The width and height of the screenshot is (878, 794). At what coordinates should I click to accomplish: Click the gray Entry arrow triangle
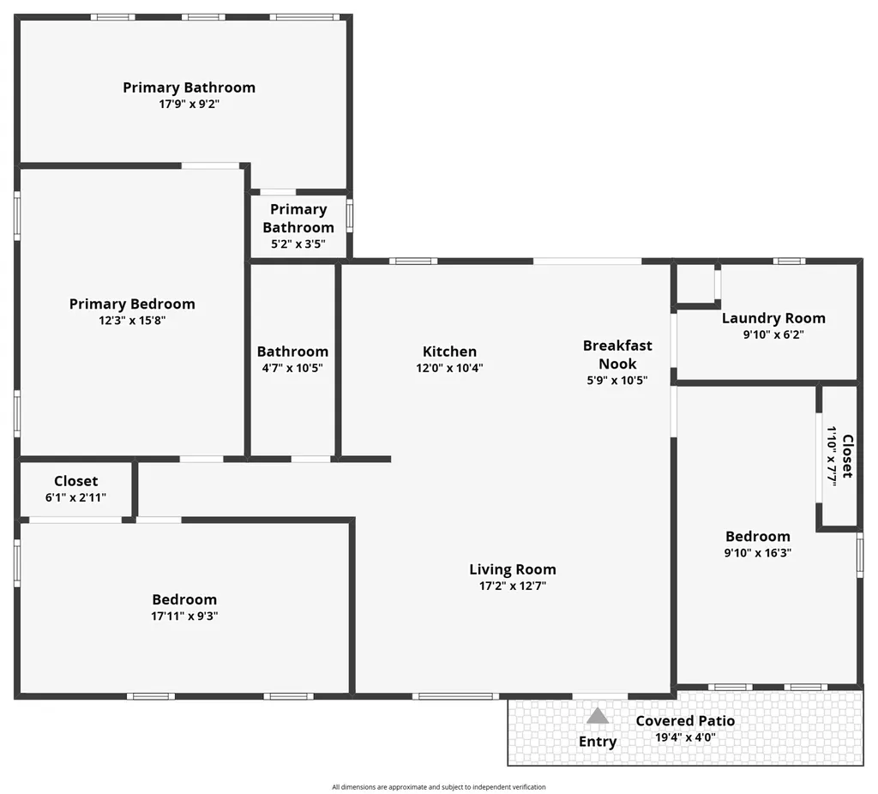point(598,716)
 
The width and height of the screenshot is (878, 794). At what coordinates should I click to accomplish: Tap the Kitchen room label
point(449,352)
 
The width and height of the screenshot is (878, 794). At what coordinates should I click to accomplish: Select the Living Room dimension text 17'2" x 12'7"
point(513,586)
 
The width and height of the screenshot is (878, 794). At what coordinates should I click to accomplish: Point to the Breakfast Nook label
point(617,354)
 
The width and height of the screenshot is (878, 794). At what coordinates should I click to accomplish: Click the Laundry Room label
point(773,318)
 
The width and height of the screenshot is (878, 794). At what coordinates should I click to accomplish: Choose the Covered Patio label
point(685,720)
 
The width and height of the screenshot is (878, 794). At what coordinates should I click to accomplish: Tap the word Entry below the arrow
point(598,742)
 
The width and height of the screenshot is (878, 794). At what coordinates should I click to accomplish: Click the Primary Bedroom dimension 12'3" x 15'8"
point(132,321)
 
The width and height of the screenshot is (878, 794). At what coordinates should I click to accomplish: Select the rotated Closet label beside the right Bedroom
point(848,456)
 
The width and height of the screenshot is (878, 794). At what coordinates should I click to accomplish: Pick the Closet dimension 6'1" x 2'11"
point(75,497)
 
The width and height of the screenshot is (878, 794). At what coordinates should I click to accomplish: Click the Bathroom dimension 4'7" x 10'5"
point(292,368)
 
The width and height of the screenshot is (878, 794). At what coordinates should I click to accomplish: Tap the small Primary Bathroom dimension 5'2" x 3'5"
point(298,244)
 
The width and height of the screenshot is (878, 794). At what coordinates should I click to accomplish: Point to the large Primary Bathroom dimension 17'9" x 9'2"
point(189,104)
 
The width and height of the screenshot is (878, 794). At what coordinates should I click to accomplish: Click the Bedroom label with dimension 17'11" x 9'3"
point(184,599)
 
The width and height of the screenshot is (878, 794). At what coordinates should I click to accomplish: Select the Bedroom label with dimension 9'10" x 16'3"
point(758,537)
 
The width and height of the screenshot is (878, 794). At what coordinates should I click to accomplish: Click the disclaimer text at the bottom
point(438,787)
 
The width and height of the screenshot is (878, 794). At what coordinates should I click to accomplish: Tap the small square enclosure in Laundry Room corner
point(696,285)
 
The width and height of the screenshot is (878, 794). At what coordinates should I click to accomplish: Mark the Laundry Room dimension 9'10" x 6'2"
point(773,334)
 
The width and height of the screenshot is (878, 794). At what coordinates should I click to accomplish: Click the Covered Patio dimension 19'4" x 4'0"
point(685,737)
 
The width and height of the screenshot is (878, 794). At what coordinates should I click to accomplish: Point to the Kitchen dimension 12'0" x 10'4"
point(449,368)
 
